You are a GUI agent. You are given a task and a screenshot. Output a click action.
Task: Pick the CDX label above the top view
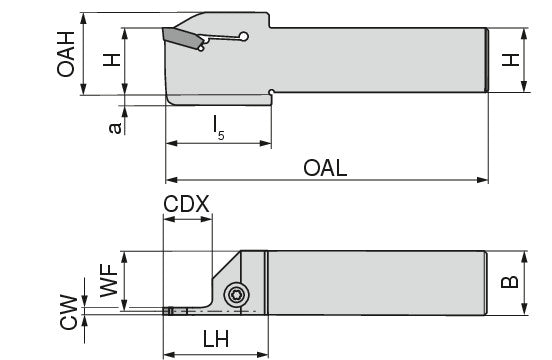[186, 203]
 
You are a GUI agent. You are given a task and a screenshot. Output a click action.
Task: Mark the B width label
[511, 282]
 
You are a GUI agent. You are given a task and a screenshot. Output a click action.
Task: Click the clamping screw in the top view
[237, 294]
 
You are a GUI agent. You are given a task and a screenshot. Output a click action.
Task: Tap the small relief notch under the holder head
[271, 95]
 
